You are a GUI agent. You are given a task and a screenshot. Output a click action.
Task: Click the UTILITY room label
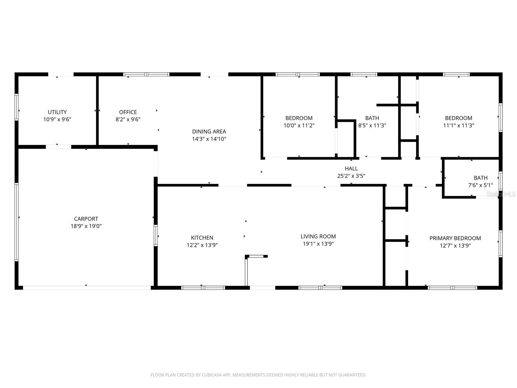57,112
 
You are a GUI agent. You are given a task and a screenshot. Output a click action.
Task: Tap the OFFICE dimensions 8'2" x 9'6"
128,119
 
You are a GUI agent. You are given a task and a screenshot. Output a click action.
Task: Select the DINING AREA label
209,132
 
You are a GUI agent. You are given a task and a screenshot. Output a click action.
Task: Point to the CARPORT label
86,219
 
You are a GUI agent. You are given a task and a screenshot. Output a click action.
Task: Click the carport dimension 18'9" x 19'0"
86,226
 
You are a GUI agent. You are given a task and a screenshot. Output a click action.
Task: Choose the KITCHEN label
202,238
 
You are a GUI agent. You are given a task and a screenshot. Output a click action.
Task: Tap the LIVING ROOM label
318,236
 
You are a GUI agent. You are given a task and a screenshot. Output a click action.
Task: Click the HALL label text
351,168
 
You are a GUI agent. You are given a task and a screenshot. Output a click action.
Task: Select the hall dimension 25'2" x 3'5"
351,176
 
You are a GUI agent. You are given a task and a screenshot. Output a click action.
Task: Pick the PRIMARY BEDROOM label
455,238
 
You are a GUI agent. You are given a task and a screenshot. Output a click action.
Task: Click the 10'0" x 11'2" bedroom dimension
299,125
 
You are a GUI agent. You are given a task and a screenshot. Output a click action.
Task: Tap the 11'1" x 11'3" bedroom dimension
458,125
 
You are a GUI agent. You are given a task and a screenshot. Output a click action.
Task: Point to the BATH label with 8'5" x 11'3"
372,118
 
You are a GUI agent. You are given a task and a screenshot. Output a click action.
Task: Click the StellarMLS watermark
501,194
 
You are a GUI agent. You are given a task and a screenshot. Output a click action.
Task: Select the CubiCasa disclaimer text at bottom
258,375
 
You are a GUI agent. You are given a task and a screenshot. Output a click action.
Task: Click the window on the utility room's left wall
16,107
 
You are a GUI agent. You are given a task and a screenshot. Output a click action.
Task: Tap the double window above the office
146,74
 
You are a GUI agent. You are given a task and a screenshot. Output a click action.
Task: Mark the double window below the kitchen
203,287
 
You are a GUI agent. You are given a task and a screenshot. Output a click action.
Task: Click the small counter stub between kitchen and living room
256,256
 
